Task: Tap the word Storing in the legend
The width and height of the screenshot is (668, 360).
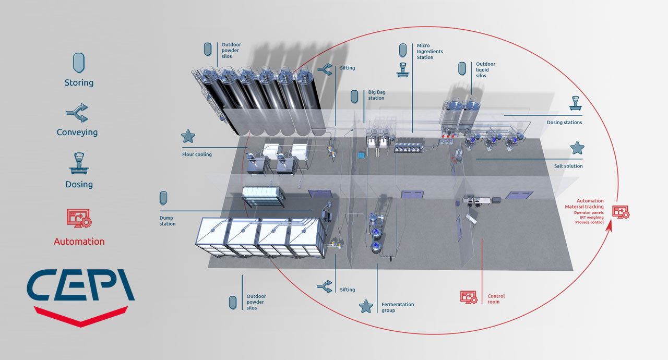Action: click(79, 82)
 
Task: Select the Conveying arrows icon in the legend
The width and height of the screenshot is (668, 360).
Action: click(77, 113)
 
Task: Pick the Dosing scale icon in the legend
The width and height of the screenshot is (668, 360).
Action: click(79, 164)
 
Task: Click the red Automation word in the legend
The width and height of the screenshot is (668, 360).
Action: click(79, 242)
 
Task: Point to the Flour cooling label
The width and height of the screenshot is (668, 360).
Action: click(197, 154)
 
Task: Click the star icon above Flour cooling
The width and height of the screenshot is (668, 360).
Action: click(188, 136)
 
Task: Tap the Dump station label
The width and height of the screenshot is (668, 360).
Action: click(168, 221)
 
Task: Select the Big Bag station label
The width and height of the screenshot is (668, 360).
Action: click(377, 95)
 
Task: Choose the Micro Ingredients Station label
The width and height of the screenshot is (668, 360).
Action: click(430, 51)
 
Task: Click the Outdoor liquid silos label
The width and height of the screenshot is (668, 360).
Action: click(485, 70)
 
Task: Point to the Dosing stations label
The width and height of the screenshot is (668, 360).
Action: click(564, 122)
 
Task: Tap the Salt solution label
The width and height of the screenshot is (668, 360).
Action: click(568, 166)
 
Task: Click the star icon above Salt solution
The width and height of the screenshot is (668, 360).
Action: click(577, 148)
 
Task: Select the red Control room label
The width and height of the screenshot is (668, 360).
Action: click(496, 299)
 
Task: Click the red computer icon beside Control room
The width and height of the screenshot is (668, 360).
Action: click(469, 297)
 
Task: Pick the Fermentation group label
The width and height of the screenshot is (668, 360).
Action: click(398, 307)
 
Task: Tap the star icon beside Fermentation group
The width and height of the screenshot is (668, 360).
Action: click(366, 306)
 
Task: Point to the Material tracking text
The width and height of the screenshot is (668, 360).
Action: click(584, 207)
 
